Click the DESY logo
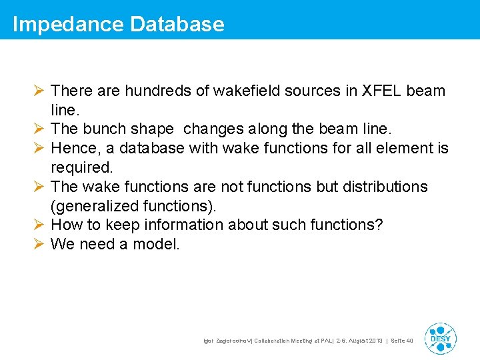coord(440,339)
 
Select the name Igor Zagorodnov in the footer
coord(225,341)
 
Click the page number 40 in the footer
coord(409,341)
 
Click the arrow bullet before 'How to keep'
coord(39,225)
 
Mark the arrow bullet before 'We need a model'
coord(39,244)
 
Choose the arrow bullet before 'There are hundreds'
coord(39,90)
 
